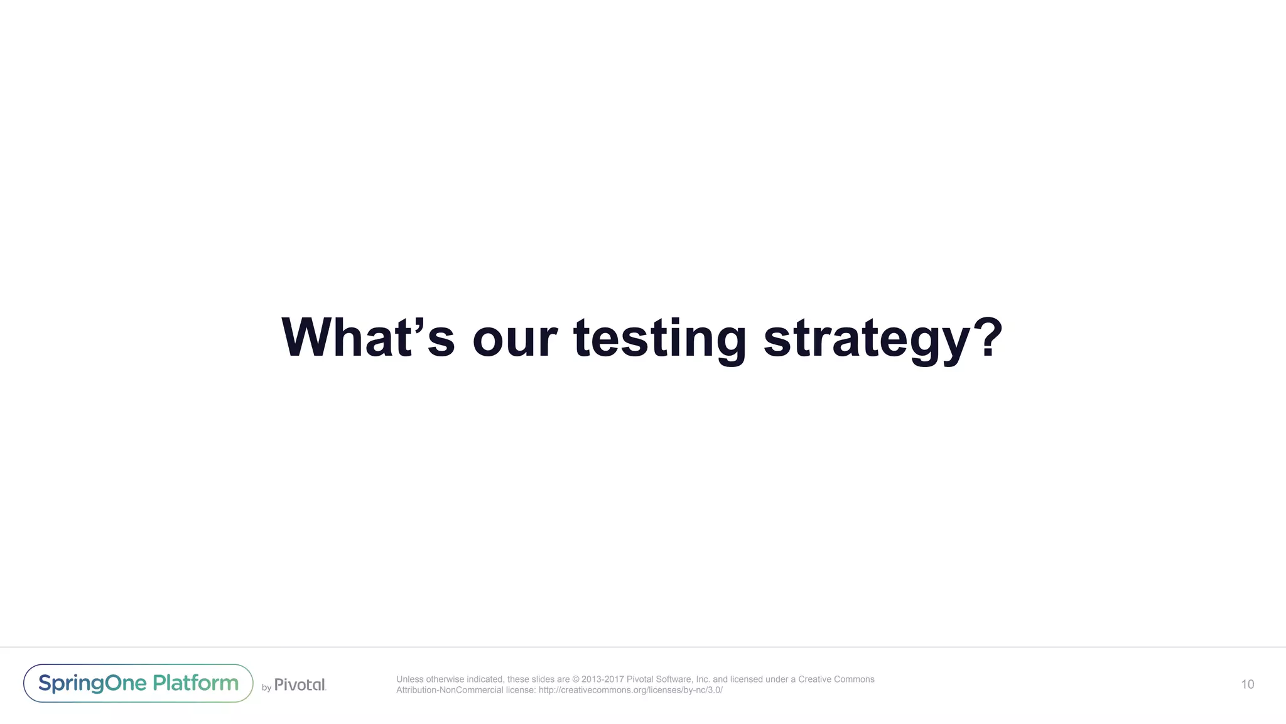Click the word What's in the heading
(x=367, y=337)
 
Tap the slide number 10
(x=1247, y=684)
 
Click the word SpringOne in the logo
(x=92, y=683)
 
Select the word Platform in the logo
(x=196, y=683)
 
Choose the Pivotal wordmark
(x=300, y=684)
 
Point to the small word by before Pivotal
(x=266, y=688)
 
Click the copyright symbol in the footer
(x=576, y=679)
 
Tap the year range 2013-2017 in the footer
(x=603, y=679)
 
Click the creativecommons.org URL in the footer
(x=630, y=690)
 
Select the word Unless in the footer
(x=409, y=679)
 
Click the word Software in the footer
(x=673, y=679)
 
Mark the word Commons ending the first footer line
(x=855, y=679)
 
